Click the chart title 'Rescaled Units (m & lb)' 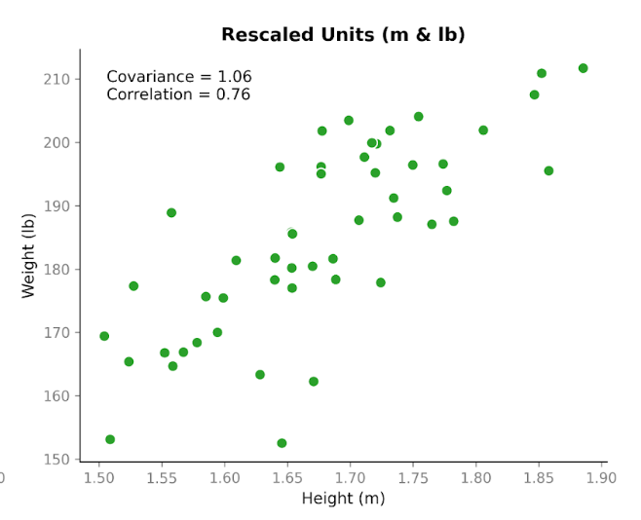click(x=343, y=35)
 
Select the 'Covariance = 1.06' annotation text click(x=179, y=77)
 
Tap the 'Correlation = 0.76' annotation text click(x=178, y=94)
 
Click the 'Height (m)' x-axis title click(x=343, y=499)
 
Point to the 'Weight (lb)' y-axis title click(x=28, y=255)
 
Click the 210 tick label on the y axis click(x=57, y=79)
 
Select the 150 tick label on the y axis click(x=57, y=460)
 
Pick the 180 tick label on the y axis click(x=57, y=269)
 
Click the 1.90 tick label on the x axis click(x=602, y=478)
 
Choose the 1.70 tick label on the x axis click(x=351, y=478)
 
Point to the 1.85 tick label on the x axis click(x=539, y=478)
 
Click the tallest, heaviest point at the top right click(x=583, y=68)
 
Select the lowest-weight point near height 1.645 click(x=282, y=443)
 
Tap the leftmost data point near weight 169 click(x=104, y=336)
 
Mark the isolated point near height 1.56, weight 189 click(x=171, y=212)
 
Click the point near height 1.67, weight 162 click(x=314, y=382)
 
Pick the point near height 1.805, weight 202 click(x=483, y=130)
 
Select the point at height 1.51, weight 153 click(x=110, y=439)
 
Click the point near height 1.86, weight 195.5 click(x=548, y=170)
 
